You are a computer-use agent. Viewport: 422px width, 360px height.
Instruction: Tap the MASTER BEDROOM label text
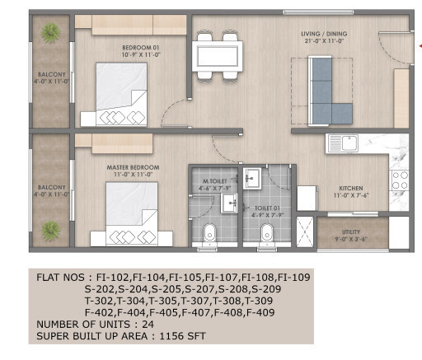(x=132, y=167)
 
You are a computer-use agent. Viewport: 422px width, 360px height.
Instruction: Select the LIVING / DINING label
(x=321, y=36)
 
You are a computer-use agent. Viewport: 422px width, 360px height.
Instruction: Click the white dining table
(x=215, y=57)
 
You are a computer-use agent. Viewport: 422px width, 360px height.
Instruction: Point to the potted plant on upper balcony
(x=49, y=32)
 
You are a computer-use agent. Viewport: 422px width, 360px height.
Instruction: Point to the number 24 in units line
(x=149, y=325)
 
